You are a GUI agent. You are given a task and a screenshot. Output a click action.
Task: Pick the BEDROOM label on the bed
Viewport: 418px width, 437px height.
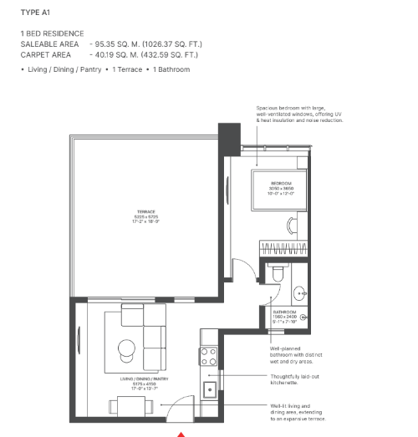280,186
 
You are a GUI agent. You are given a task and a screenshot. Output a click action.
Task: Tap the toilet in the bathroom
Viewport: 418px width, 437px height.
278,272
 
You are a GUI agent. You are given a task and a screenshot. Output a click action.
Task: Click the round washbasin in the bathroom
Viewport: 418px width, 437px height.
298,292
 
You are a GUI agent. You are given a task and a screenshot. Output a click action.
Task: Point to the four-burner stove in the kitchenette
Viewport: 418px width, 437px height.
208,357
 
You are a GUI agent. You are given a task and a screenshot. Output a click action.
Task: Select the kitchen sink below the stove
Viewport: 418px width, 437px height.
209,388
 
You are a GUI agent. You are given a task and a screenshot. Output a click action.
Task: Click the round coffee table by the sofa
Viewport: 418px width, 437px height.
126,348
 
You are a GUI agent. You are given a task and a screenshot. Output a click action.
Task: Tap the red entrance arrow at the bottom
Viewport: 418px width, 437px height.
181,433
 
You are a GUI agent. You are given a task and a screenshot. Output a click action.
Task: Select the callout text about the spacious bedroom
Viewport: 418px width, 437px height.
299,114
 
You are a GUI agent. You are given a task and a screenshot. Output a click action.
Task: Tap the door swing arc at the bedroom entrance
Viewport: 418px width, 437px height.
240,270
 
